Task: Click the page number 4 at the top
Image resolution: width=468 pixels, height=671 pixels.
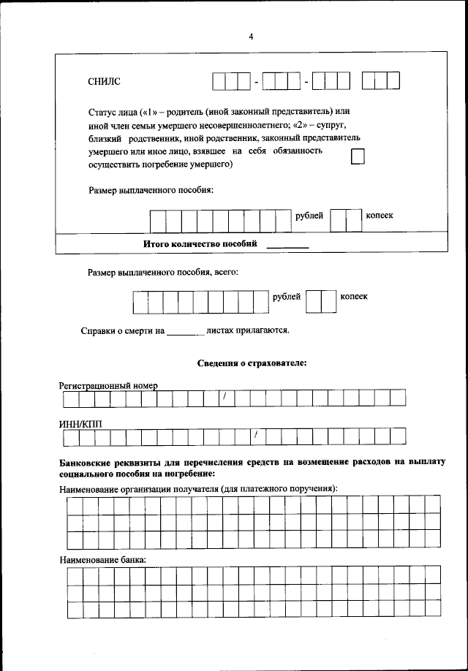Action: tap(250, 38)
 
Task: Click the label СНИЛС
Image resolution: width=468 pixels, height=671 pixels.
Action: tap(103, 81)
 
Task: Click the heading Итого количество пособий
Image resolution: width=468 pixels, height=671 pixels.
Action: tap(200, 244)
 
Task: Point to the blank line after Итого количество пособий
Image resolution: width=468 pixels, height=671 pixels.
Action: tap(287, 246)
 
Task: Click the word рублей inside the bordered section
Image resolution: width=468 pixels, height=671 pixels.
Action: tap(309, 216)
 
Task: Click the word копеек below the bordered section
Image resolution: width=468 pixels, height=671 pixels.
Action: tap(354, 297)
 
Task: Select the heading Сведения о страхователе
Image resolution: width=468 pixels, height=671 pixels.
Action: tap(252, 363)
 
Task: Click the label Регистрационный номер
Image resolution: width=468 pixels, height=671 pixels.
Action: tap(108, 385)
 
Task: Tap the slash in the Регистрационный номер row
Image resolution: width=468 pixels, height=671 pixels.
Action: tap(225, 398)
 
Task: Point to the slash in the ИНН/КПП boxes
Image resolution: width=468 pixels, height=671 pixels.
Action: tap(257, 436)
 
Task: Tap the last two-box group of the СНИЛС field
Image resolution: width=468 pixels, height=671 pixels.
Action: tap(381, 81)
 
